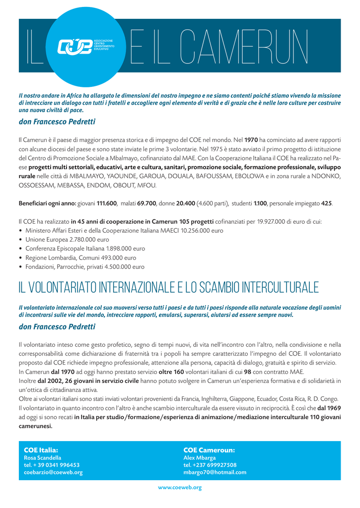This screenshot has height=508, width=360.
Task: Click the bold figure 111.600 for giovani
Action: (x=107, y=203)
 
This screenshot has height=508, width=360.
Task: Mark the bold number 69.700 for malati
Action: (x=147, y=203)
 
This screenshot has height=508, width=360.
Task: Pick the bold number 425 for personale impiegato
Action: (x=327, y=203)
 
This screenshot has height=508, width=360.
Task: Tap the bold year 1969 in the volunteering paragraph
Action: (x=329, y=408)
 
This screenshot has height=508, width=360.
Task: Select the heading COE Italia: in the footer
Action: (x=41, y=450)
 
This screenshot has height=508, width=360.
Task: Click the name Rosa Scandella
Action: (x=43, y=457)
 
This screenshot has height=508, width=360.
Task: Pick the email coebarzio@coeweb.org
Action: (x=53, y=472)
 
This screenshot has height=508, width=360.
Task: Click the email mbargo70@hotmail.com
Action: (x=215, y=472)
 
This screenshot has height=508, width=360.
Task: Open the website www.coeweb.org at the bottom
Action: (x=180, y=488)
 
